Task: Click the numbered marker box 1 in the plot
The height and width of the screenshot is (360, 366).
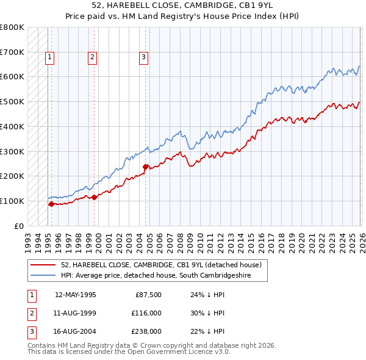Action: click(x=49, y=58)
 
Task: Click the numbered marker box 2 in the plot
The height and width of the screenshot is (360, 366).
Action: click(x=92, y=58)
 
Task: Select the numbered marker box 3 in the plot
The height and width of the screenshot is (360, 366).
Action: click(x=143, y=58)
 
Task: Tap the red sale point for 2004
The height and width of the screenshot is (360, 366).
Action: click(x=146, y=167)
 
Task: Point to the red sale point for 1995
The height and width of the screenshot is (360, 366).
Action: click(x=51, y=204)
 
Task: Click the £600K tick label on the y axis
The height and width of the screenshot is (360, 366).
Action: click(x=12, y=77)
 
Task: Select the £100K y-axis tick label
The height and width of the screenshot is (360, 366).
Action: click(x=12, y=201)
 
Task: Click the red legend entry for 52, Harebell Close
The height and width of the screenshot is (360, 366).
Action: click(x=161, y=265)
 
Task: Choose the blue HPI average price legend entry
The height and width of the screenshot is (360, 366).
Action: click(x=163, y=276)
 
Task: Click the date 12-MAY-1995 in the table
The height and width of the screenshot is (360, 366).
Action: click(x=76, y=295)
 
